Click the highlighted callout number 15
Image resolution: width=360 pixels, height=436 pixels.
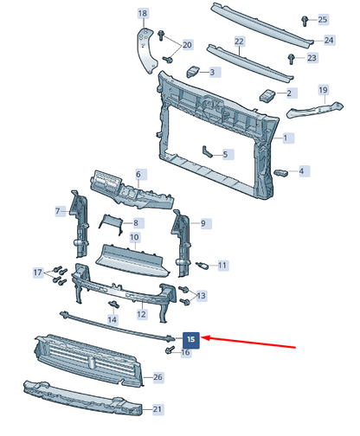click(191, 339)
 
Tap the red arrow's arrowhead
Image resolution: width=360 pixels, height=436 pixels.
click(205, 337)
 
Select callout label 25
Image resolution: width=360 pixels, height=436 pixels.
click(323, 20)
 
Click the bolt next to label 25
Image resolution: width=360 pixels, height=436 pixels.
click(305, 21)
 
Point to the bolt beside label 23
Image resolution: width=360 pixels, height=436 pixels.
click(292, 59)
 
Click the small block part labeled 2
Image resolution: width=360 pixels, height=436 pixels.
click(267, 95)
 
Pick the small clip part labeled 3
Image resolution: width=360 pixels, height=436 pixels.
click(192, 71)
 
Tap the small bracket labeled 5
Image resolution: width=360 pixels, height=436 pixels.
click(207, 151)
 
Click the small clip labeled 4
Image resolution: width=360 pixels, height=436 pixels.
click(281, 173)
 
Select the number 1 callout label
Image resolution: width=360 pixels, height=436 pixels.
click(286, 138)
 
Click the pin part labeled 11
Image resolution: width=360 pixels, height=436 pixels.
click(202, 265)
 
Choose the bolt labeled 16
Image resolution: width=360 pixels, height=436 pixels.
click(170, 349)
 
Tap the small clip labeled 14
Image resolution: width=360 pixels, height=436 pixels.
click(113, 304)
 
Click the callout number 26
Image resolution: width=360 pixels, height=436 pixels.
click(157, 377)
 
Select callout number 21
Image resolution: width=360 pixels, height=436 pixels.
click(157, 409)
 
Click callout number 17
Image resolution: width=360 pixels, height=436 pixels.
click(38, 272)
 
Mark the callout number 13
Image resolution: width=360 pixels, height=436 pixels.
click(201, 296)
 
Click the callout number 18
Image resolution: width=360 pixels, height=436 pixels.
click(143, 13)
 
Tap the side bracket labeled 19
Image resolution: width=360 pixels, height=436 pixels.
click(315, 109)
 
